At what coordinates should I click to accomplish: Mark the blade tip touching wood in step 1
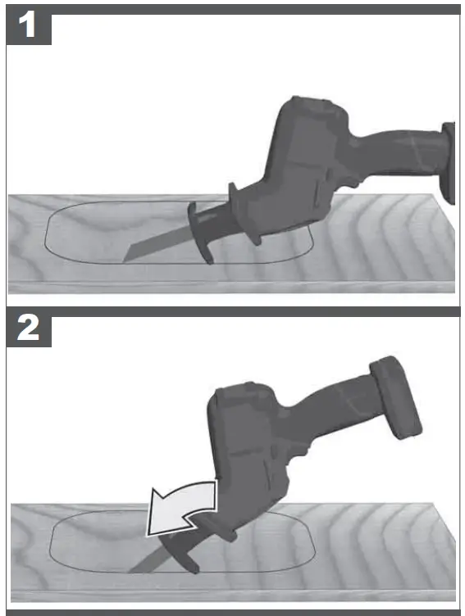(125, 259)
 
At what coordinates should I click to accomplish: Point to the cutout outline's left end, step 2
(51, 545)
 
